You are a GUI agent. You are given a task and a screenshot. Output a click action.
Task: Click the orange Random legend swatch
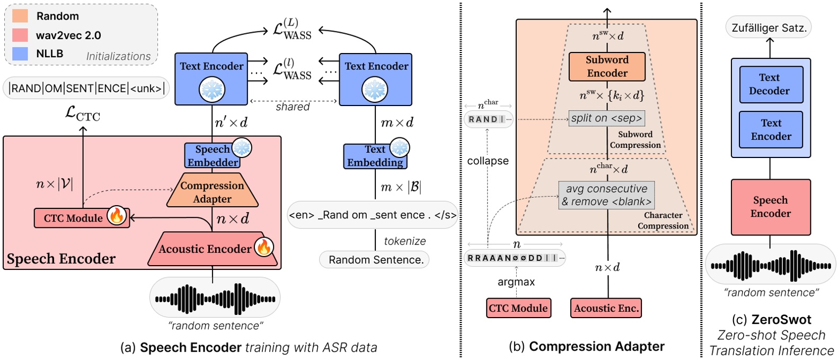[x=20, y=16]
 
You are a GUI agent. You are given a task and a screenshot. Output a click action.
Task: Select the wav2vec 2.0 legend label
[x=68, y=36]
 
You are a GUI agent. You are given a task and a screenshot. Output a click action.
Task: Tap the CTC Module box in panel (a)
[x=73, y=218]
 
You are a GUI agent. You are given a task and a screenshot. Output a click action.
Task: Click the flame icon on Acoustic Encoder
[x=263, y=247]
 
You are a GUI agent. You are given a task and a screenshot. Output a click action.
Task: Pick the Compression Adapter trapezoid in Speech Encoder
[x=212, y=192]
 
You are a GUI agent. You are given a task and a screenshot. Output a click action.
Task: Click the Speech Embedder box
[x=212, y=156]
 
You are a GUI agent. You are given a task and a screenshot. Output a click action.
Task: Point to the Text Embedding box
[x=375, y=156]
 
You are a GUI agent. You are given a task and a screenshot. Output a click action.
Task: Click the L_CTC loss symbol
[x=82, y=113]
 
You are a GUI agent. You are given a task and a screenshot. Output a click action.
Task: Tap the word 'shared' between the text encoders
[x=293, y=107]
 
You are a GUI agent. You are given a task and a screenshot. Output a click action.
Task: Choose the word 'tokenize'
[x=405, y=241]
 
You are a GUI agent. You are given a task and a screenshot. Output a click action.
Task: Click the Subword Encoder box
[x=607, y=67]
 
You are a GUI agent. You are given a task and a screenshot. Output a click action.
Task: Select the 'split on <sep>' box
[x=607, y=118]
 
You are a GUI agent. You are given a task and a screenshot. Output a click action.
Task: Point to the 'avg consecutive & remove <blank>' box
[x=607, y=195]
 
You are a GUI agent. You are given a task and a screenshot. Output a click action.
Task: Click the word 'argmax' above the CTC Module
[x=516, y=282]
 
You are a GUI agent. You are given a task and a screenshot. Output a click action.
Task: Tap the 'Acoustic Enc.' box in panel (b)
[x=606, y=309]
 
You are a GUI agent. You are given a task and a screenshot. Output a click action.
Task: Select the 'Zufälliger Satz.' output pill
[x=769, y=28]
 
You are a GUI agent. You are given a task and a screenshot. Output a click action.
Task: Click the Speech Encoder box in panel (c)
[x=770, y=207]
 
